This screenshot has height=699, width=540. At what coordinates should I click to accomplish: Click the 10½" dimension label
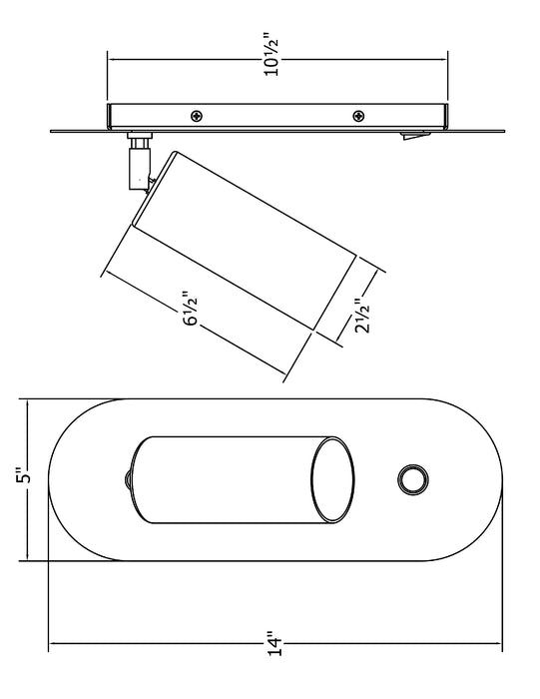[x=271, y=53]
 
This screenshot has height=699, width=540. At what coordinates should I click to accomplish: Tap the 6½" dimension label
[x=191, y=309]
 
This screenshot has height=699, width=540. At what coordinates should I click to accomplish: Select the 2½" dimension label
[x=362, y=316]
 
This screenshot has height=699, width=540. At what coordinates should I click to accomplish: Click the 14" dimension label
[x=275, y=643]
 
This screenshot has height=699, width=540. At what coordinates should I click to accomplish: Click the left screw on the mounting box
[x=197, y=117]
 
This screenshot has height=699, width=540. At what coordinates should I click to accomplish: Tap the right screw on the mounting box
[x=358, y=117]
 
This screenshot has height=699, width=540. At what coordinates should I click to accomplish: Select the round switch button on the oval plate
[x=413, y=479]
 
